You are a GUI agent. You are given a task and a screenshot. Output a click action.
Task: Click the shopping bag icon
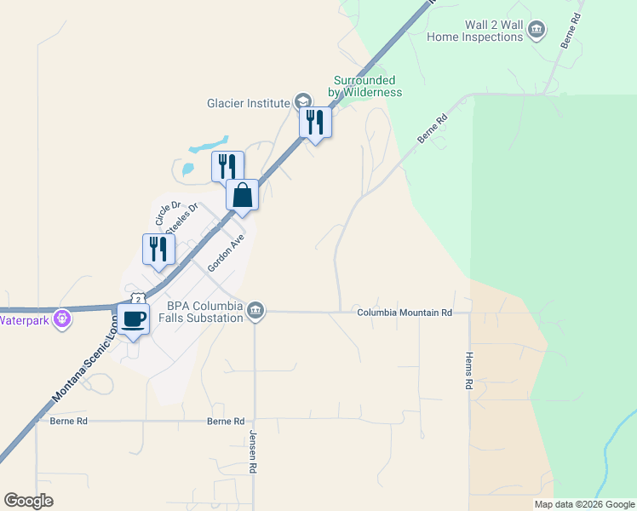click(x=243, y=196)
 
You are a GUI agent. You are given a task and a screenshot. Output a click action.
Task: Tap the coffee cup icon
click(x=133, y=319)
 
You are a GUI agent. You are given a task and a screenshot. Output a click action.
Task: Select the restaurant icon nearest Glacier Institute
click(x=315, y=123)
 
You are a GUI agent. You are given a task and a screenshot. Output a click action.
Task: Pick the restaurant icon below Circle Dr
click(x=158, y=250)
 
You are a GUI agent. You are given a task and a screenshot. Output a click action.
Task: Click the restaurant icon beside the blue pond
click(x=227, y=167)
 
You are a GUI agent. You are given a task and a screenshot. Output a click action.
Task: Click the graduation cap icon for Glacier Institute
click(x=302, y=102)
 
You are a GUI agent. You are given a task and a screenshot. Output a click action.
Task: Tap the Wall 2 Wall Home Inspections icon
click(x=537, y=31)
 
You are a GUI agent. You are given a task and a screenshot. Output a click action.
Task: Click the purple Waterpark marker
click(x=61, y=320)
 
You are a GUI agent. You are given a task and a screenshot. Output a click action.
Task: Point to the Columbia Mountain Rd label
click(x=404, y=313)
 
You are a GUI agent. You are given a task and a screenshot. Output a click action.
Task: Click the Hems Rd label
click(x=468, y=371)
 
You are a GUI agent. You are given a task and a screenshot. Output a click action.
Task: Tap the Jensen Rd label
click(x=254, y=451)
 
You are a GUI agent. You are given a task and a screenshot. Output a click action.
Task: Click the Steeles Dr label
click(x=181, y=217)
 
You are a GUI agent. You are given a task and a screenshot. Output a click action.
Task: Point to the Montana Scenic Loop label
click(x=85, y=358)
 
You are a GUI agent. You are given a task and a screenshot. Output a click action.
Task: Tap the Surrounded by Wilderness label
click(x=367, y=86)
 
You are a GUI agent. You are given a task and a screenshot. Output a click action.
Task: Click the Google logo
click(x=28, y=500)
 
